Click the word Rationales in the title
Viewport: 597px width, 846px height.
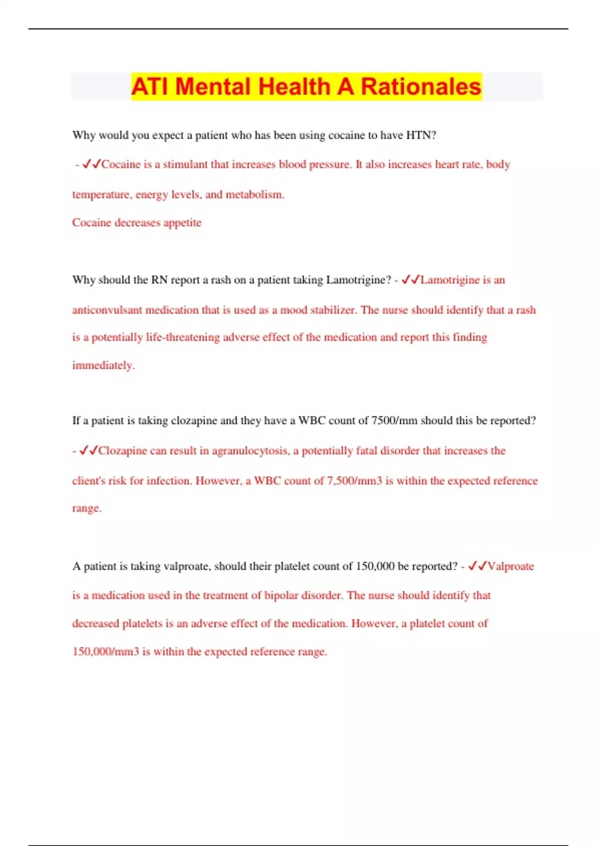point(421,87)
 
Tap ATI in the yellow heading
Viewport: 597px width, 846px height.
point(150,87)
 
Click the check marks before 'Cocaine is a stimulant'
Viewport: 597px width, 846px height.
point(92,164)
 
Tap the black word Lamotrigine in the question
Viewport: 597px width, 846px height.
point(358,280)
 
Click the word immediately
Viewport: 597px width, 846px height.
point(103,365)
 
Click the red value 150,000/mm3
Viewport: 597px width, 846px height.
point(105,652)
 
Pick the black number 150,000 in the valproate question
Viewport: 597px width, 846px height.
point(375,566)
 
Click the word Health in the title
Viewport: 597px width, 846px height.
point(294,87)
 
